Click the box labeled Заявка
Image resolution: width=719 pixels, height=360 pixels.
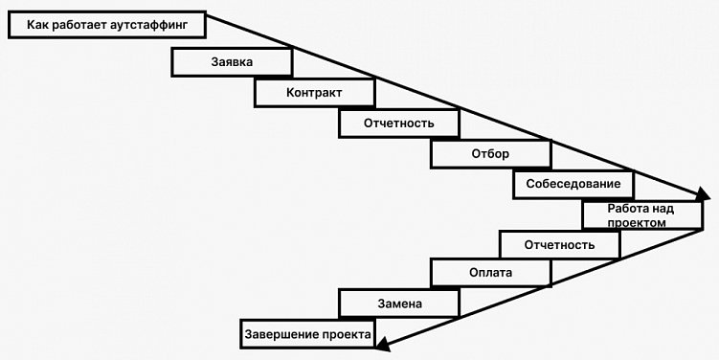pyautogui.click(x=232, y=62)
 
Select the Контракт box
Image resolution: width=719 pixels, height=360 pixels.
pyautogui.click(x=314, y=93)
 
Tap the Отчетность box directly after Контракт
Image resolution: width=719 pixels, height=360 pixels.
pyautogui.click(x=399, y=124)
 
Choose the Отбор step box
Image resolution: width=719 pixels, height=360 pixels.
pyautogui.click(x=490, y=154)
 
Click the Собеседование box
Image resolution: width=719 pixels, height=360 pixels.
pyautogui.click(x=573, y=184)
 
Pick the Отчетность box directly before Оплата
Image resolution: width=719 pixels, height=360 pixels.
pyautogui.click(x=559, y=245)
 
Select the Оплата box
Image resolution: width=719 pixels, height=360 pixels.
pyautogui.click(x=490, y=273)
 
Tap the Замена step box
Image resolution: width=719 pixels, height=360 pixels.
pyautogui.click(x=399, y=304)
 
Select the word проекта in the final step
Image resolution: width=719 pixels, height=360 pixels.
pyautogui.click(x=346, y=334)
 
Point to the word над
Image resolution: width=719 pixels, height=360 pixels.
pyautogui.click(x=663, y=208)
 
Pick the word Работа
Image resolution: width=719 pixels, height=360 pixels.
pyautogui.click(x=627, y=208)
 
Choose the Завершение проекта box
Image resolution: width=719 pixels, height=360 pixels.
pyautogui.click(x=307, y=334)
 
